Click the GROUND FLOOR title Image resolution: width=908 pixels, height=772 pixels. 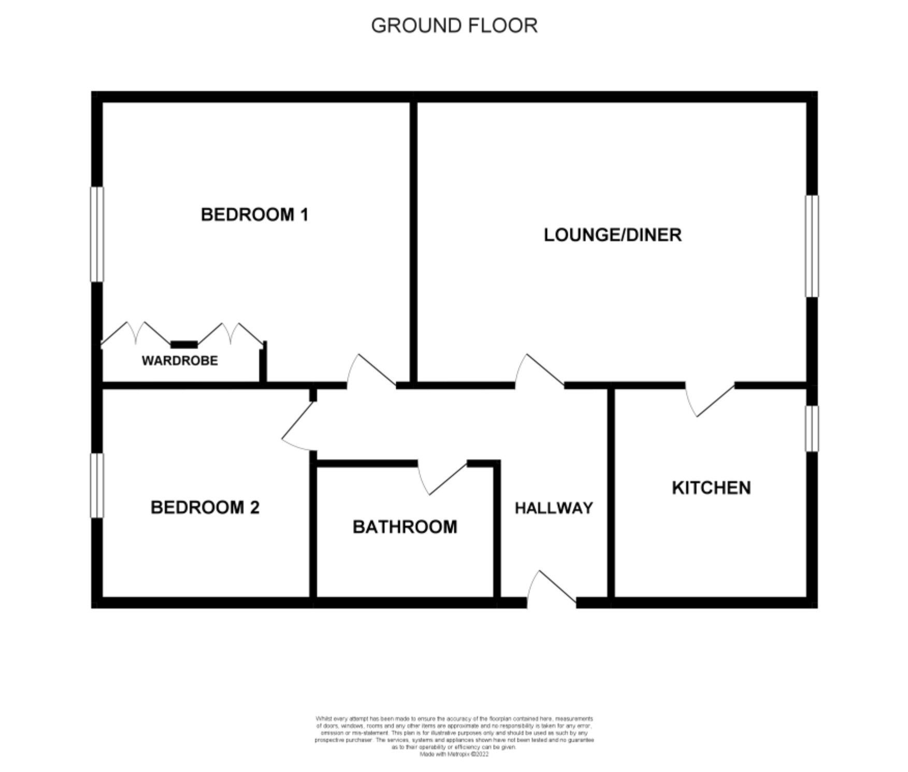tap(454, 26)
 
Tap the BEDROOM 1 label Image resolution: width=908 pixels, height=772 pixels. tap(254, 214)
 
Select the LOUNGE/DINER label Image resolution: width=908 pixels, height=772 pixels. tap(612, 235)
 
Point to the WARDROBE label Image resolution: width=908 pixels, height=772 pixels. tap(180, 361)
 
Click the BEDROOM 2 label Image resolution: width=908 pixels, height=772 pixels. tap(205, 507)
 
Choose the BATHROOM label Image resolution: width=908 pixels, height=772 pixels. tap(405, 527)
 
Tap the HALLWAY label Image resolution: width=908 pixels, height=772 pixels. tap(554, 508)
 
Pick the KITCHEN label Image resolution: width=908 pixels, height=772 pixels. tap(711, 488)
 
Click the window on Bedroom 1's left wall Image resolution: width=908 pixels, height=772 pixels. tap(97, 234)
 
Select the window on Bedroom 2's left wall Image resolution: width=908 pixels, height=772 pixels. tap(97, 485)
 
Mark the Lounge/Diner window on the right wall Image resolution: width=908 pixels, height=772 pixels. tap(812, 246)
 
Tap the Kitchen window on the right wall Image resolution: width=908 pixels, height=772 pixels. tap(812, 428)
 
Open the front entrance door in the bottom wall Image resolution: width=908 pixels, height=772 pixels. tap(552, 590)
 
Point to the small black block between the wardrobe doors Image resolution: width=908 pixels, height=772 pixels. tap(184, 345)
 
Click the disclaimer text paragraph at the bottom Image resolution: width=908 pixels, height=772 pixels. tap(454, 736)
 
